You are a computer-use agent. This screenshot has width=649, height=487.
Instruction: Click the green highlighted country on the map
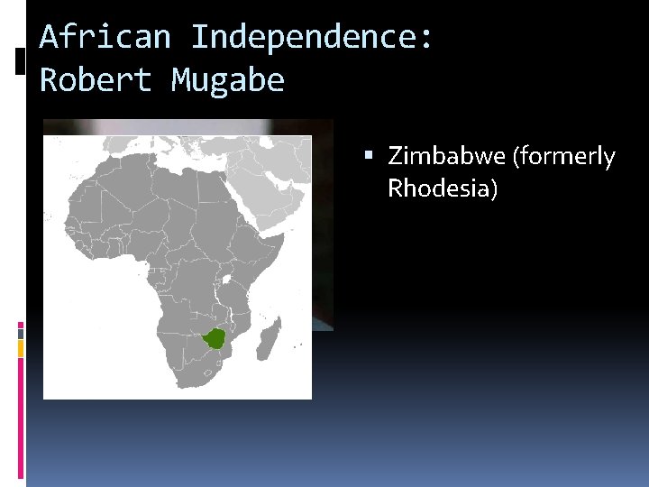[x=215, y=340]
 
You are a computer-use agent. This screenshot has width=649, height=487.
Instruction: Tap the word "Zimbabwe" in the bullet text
[x=446, y=157]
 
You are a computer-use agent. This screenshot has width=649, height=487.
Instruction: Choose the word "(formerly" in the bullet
[x=564, y=157]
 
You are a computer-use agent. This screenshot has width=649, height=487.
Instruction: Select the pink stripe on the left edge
[x=21, y=330]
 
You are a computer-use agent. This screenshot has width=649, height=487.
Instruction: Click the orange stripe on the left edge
[x=21, y=348]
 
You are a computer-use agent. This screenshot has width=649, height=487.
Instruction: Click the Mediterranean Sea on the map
[x=189, y=155]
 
